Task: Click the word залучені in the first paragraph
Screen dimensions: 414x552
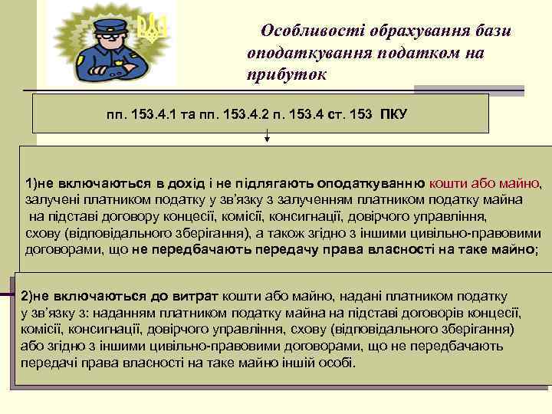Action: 51,199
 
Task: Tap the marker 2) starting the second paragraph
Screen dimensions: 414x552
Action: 27,296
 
